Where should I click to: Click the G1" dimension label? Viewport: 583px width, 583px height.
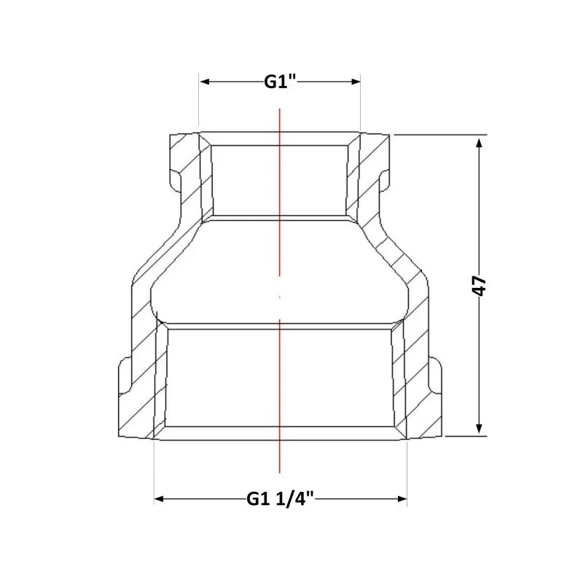(280, 82)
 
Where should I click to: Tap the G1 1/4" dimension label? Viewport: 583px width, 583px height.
(281, 498)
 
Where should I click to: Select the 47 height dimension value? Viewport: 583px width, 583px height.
(480, 286)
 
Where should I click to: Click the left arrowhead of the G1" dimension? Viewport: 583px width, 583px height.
(206, 82)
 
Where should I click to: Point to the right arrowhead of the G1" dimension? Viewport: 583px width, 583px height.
(355, 82)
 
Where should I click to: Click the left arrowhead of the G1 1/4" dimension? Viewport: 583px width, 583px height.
(160, 498)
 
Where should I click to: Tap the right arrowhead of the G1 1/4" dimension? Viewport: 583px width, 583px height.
(402, 498)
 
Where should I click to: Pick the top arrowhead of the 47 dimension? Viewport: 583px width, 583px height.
(480, 143)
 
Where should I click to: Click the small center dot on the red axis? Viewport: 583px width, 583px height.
(280, 297)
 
